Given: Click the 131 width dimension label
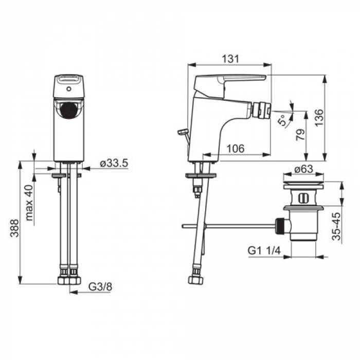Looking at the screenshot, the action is point(230,59).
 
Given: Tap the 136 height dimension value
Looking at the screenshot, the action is point(319,118).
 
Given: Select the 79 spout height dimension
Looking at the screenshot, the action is point(300,135).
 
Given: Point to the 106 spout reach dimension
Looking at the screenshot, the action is point(236,149).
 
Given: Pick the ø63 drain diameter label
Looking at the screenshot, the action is point(304,169).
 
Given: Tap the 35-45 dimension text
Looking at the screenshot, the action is point(336,226).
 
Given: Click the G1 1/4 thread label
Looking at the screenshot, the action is point(264,250).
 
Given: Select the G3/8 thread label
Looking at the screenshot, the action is point(100,287).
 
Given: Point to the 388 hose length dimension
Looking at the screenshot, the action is point(14,228).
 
